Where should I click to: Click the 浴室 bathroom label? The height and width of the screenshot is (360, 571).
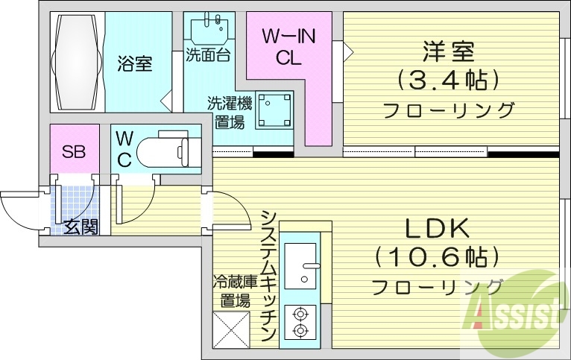click(x=134, y=64)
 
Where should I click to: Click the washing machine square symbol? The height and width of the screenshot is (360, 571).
click(x=274, y=111)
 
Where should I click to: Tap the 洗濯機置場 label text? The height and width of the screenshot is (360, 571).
click(x=229, y=113)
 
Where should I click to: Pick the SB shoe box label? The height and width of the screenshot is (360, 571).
click(x=73, y=152)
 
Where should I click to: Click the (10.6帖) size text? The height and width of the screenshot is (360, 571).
click(x=436, y=258)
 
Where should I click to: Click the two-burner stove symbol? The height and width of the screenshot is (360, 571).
click(x=301, y=322)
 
